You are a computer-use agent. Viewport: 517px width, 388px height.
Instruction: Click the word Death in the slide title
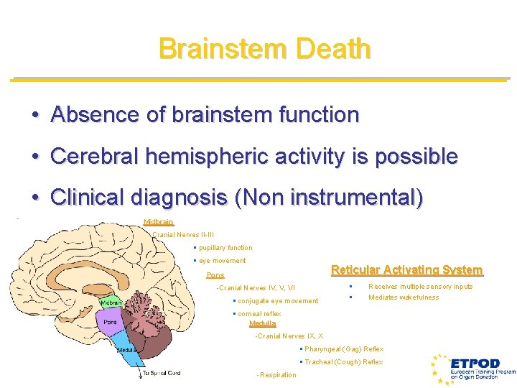(332, 50)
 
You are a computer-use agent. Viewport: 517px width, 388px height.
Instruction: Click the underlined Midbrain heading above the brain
(158, 222)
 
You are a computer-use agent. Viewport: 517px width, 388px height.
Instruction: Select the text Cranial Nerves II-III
(183, 235)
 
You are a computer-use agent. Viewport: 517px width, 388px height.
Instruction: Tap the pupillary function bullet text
(225, 248)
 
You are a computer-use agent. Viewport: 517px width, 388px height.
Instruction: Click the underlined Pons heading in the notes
(215, 275)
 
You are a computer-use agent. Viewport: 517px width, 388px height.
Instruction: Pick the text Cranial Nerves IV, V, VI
(256, 288)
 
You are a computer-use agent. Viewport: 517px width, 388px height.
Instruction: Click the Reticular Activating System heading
(406, 270)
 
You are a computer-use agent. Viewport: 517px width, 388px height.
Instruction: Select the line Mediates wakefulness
(403, 297)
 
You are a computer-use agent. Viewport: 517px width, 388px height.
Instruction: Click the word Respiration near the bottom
(277, 375)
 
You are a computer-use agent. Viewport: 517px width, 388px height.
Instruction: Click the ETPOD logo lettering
(475, 364)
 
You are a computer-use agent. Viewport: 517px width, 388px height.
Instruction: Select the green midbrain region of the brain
(111, 302)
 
